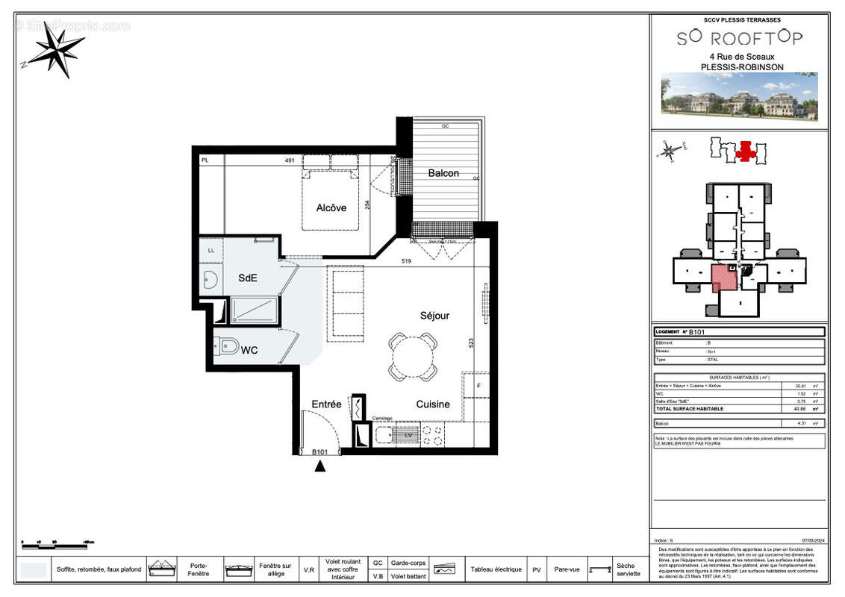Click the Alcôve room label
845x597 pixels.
tap(331, 207)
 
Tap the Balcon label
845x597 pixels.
tap(443, 173)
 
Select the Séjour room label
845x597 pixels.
tap(434, 316)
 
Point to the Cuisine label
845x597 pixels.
tap(433, 404)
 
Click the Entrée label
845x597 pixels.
tap(326, 404)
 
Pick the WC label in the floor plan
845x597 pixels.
tap(249, 350)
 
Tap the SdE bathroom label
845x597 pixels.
tap(248, 278)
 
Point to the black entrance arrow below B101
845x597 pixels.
tap(320, 466)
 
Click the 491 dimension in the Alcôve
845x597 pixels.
tap(290, 160)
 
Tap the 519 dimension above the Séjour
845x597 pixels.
tap(406, 261)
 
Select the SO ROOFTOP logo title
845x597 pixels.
tap(740, 38)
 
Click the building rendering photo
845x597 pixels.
tap(739, 96)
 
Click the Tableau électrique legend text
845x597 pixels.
tap(496, 569)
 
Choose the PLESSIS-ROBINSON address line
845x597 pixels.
tap(741, 66)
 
